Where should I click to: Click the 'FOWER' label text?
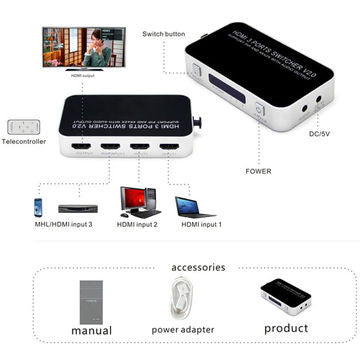(258, 170)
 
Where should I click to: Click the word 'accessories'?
(198, 267)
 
